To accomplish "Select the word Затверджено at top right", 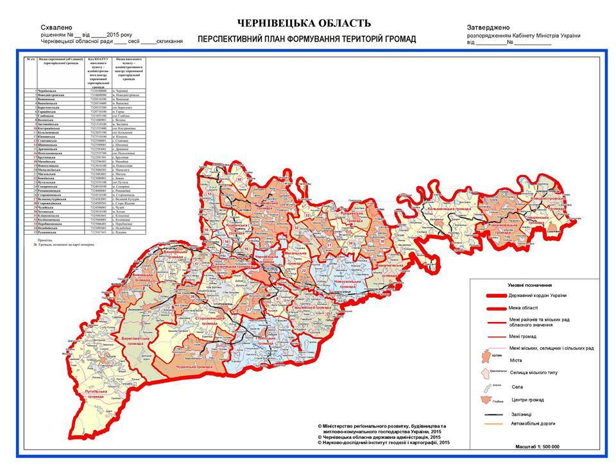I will coord(488,28).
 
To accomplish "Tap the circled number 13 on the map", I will coord(209,194).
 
